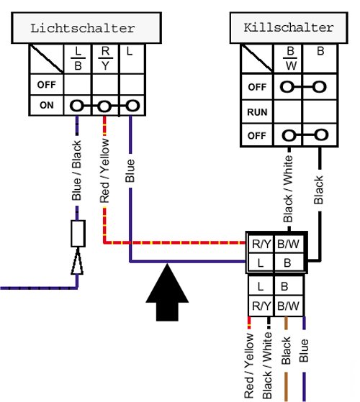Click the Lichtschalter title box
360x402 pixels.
[x=86, y=28]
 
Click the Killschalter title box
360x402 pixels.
[x=289, y=27]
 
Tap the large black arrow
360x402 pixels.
[x=167, y=292]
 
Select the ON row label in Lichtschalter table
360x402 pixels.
[x=47, y=105]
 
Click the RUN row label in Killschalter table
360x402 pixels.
[x=257, y=112]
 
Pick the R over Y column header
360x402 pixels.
[x=105, y=59]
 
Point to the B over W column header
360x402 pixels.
[x=290, y=59]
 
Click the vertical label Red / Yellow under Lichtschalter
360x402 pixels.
[x=104, y=170]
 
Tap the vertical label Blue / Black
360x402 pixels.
[x=76, y=170]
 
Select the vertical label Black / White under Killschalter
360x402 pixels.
[x=288, y=188]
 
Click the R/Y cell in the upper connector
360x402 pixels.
[x=261, y=244]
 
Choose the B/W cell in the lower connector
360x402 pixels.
[x=288, y=306]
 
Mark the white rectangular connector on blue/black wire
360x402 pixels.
[x=78, y=234]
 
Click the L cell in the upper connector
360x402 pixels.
[x=261, y=263]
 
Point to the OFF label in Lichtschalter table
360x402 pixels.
[x=47, y=85]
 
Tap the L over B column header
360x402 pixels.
[x=78, y=59]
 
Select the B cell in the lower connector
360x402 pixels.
[x=284, y=286]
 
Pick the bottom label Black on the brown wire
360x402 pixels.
[x=286, y=351]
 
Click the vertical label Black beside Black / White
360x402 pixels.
[x=319, y=190]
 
